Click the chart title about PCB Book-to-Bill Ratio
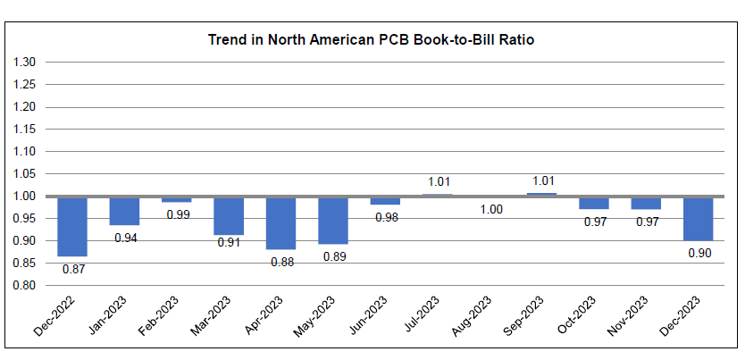pyautogui.click(x=371, y=40)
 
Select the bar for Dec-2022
pyautogui.click(x=72, y=226)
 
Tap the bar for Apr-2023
pyautogui.click(x=280, y=223)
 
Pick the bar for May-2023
pyautogui.click(x=333, y=221)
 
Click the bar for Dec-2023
pyautogui.click(x=699, y=219)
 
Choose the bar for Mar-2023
pyautogui.click(x=229, y=216)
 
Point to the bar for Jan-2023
pyautogui.click(x=124, y=211)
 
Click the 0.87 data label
pyautogui.click(x=72, y=268)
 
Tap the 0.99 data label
pyautogui.click(x=177, y=214)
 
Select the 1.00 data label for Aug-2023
pyautogui.click(x=490, y=210)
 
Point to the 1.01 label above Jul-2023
pyautogui.click(x=438, y=181)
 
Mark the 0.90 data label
pyautogui.click(x=699, y=253)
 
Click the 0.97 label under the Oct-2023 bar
pyautogui.click(x=594, y=222)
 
